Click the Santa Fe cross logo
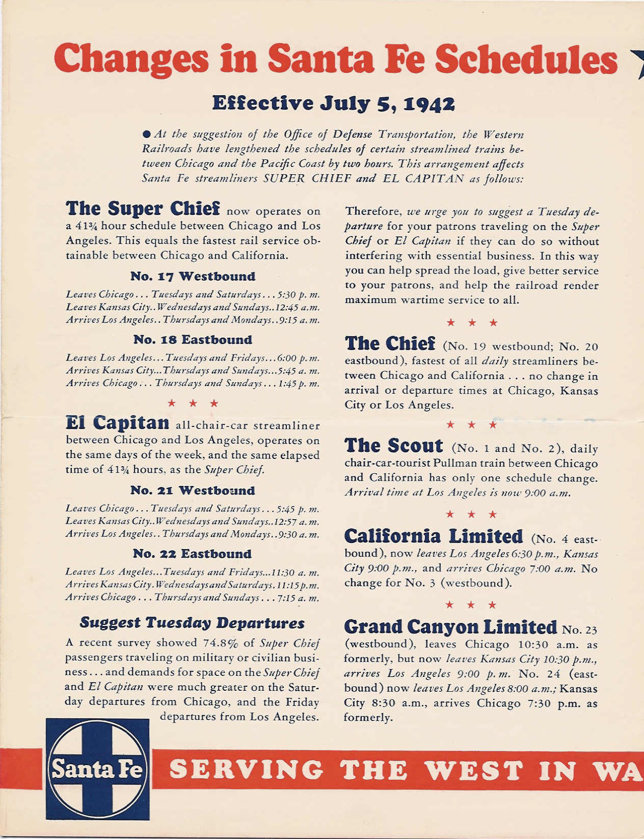[x=97, y=769]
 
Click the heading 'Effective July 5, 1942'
[x=333, y=103]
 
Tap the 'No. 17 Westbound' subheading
[x=193, y=276]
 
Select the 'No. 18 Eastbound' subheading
[x=193, y=339]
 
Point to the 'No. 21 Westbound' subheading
[x=193, y=490]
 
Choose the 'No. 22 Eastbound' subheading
[x=192, y=553]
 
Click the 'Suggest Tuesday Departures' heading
[x=192, y=623]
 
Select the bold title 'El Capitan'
[x=118, y=423]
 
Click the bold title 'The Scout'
[x=394, y=446]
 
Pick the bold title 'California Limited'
[x=434, y=536]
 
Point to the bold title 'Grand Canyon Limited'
[x=450, y=627]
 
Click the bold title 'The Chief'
[x=390, y=344]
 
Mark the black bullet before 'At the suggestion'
[x=147, y=134]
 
